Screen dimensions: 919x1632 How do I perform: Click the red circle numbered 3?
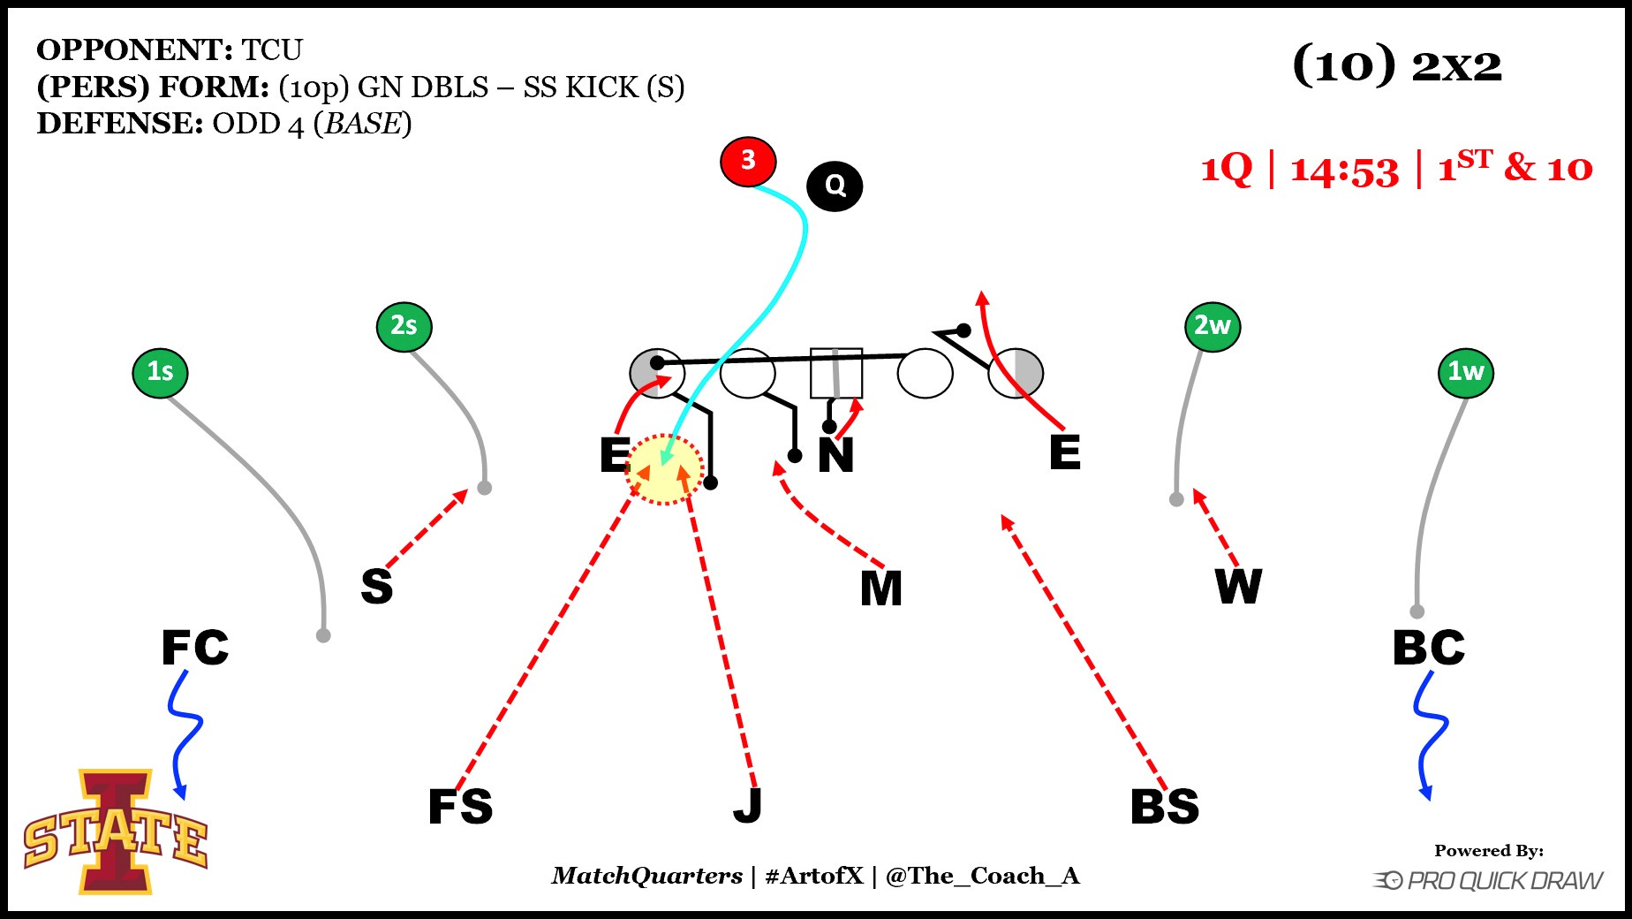tap(748, 162)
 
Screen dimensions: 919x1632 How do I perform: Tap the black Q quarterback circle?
tap(835, 186)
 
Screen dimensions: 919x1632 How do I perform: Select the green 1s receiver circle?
tap(160, 372)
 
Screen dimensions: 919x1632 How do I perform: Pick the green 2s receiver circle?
tap(404, 326)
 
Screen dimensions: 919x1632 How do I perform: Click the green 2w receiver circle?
tap(1213, 326)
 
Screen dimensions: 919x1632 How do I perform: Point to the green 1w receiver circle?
tap(1466, 372)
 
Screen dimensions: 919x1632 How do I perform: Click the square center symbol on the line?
tap(836, 373)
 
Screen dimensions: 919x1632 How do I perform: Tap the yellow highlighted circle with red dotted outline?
tap(664, 469)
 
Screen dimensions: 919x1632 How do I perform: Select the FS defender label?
tap(460, 807)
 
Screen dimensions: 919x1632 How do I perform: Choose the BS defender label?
tap(1165, 807)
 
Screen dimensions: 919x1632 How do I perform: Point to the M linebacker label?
tap(881, 589)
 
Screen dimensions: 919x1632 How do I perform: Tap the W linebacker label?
tap(1238, 586)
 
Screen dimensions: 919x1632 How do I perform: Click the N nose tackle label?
tap(835, 456)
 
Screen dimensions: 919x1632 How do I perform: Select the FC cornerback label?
tap(195, 648)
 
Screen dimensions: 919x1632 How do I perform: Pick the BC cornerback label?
tap(1429, 648)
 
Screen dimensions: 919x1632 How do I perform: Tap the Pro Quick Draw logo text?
tap(1504, 881)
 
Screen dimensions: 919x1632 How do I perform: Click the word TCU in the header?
tap(273, 49)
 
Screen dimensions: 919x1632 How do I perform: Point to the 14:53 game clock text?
tap(1344, 170)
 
